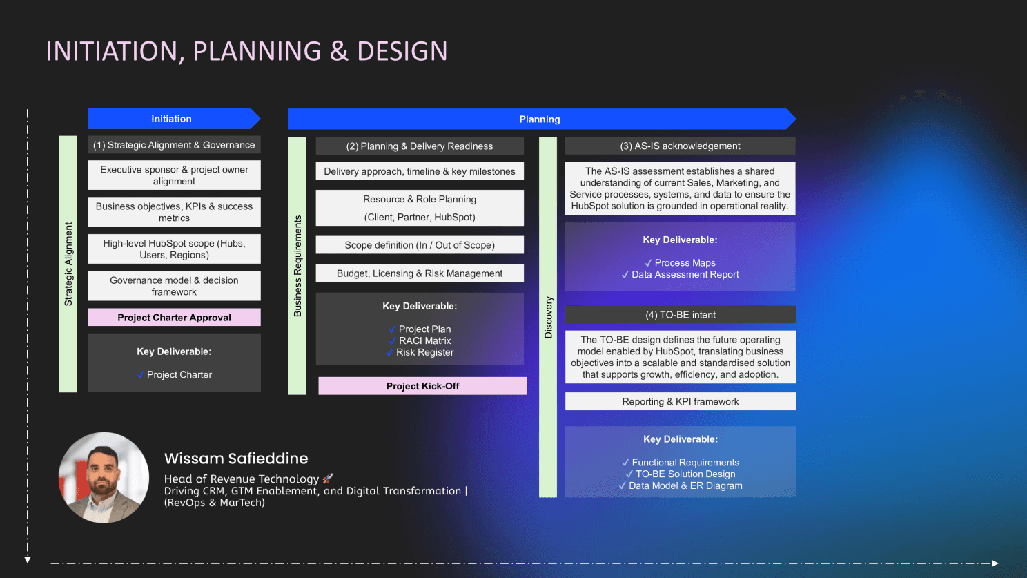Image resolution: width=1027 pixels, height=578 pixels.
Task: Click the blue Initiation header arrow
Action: point(172,119)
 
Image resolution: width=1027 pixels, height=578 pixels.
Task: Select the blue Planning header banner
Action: point(540,119)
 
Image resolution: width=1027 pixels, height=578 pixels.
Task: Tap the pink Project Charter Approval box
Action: point(174,318)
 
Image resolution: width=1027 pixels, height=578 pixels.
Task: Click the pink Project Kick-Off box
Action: point(422,386)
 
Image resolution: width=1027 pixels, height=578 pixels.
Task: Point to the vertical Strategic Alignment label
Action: point(68,264)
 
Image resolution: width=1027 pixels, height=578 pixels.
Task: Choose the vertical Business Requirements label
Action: point(297,266)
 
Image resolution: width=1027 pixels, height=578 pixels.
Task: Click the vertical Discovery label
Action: point(549,317)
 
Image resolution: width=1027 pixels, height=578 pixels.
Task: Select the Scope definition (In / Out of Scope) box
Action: point(420,245)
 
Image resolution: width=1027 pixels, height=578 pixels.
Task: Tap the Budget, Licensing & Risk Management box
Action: point(420,273)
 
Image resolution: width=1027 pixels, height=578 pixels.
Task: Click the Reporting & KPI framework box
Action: point(680,402)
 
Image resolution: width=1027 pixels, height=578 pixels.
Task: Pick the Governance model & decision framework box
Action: point(174,286)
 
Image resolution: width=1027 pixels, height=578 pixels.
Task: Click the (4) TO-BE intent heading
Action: point(680,315)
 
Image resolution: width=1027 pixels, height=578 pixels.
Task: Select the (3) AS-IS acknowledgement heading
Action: point(680,146)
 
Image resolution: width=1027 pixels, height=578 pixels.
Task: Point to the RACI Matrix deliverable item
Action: point(424,341)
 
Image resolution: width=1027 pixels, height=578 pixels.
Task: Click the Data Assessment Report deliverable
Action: point(685,275)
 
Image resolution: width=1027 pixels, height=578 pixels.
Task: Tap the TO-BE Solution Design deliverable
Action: point(685,474)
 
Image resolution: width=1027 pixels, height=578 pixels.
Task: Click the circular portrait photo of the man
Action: point(104,477)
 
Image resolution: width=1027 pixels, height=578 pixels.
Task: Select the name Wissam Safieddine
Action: point(236,459)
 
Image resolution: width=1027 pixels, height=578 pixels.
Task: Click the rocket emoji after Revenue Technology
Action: point(328,479)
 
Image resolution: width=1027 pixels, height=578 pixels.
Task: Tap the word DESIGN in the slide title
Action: point(402,52)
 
